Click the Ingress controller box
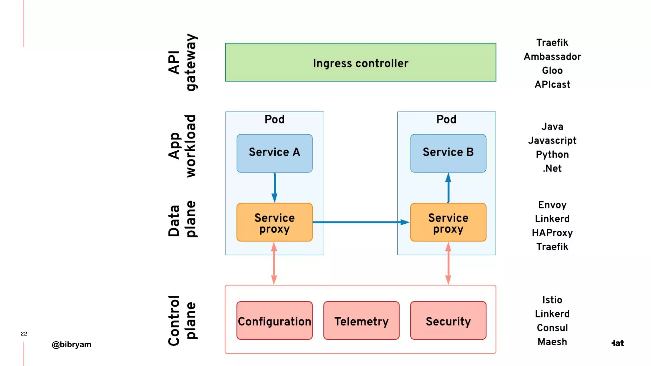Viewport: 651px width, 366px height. [360, 63]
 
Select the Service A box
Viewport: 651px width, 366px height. [274, 153]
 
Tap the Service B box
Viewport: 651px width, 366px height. [448, 153]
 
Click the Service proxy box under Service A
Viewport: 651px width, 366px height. [274, 222]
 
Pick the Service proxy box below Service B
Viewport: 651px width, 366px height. [448, 222]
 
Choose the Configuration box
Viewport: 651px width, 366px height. [274, 321]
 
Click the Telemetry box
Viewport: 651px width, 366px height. [361, 321]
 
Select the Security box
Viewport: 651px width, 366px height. [448, 321]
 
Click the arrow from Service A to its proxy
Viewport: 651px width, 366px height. [274, 187]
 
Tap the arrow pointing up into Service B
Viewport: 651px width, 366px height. [448, 187]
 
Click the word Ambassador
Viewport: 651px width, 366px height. [552, 57]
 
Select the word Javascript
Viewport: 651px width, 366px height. [552, 140]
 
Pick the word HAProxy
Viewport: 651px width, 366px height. [552, 233]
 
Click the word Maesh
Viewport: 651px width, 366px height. [552, 342]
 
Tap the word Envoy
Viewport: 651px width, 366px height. [552, 205]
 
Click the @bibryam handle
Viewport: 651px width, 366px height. [72, 344]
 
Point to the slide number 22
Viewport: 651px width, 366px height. [24, 334]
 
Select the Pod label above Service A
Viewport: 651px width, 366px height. [274, 119]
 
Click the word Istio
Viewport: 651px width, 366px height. [552, 300]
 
